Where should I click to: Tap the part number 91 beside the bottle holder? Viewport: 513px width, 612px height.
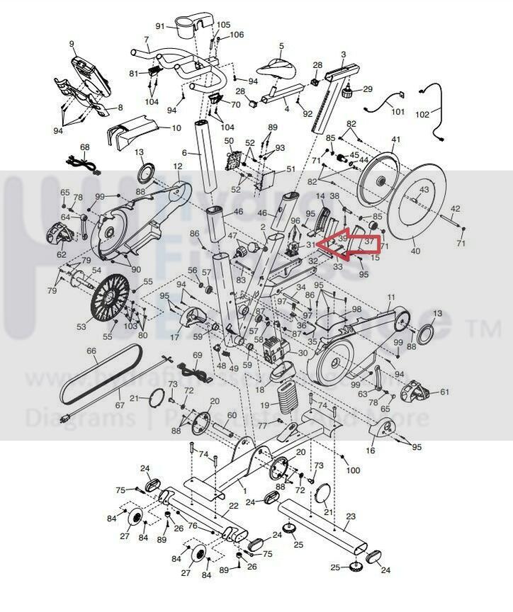[160, 26]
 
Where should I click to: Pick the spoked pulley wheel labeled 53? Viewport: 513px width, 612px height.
[111, 298]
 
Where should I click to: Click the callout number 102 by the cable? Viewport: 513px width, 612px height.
[422, 114]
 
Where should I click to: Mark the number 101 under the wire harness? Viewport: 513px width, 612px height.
[398, 112]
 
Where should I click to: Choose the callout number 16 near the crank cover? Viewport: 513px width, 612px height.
[371, 450]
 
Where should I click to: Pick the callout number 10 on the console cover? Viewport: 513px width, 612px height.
[176, 128]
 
